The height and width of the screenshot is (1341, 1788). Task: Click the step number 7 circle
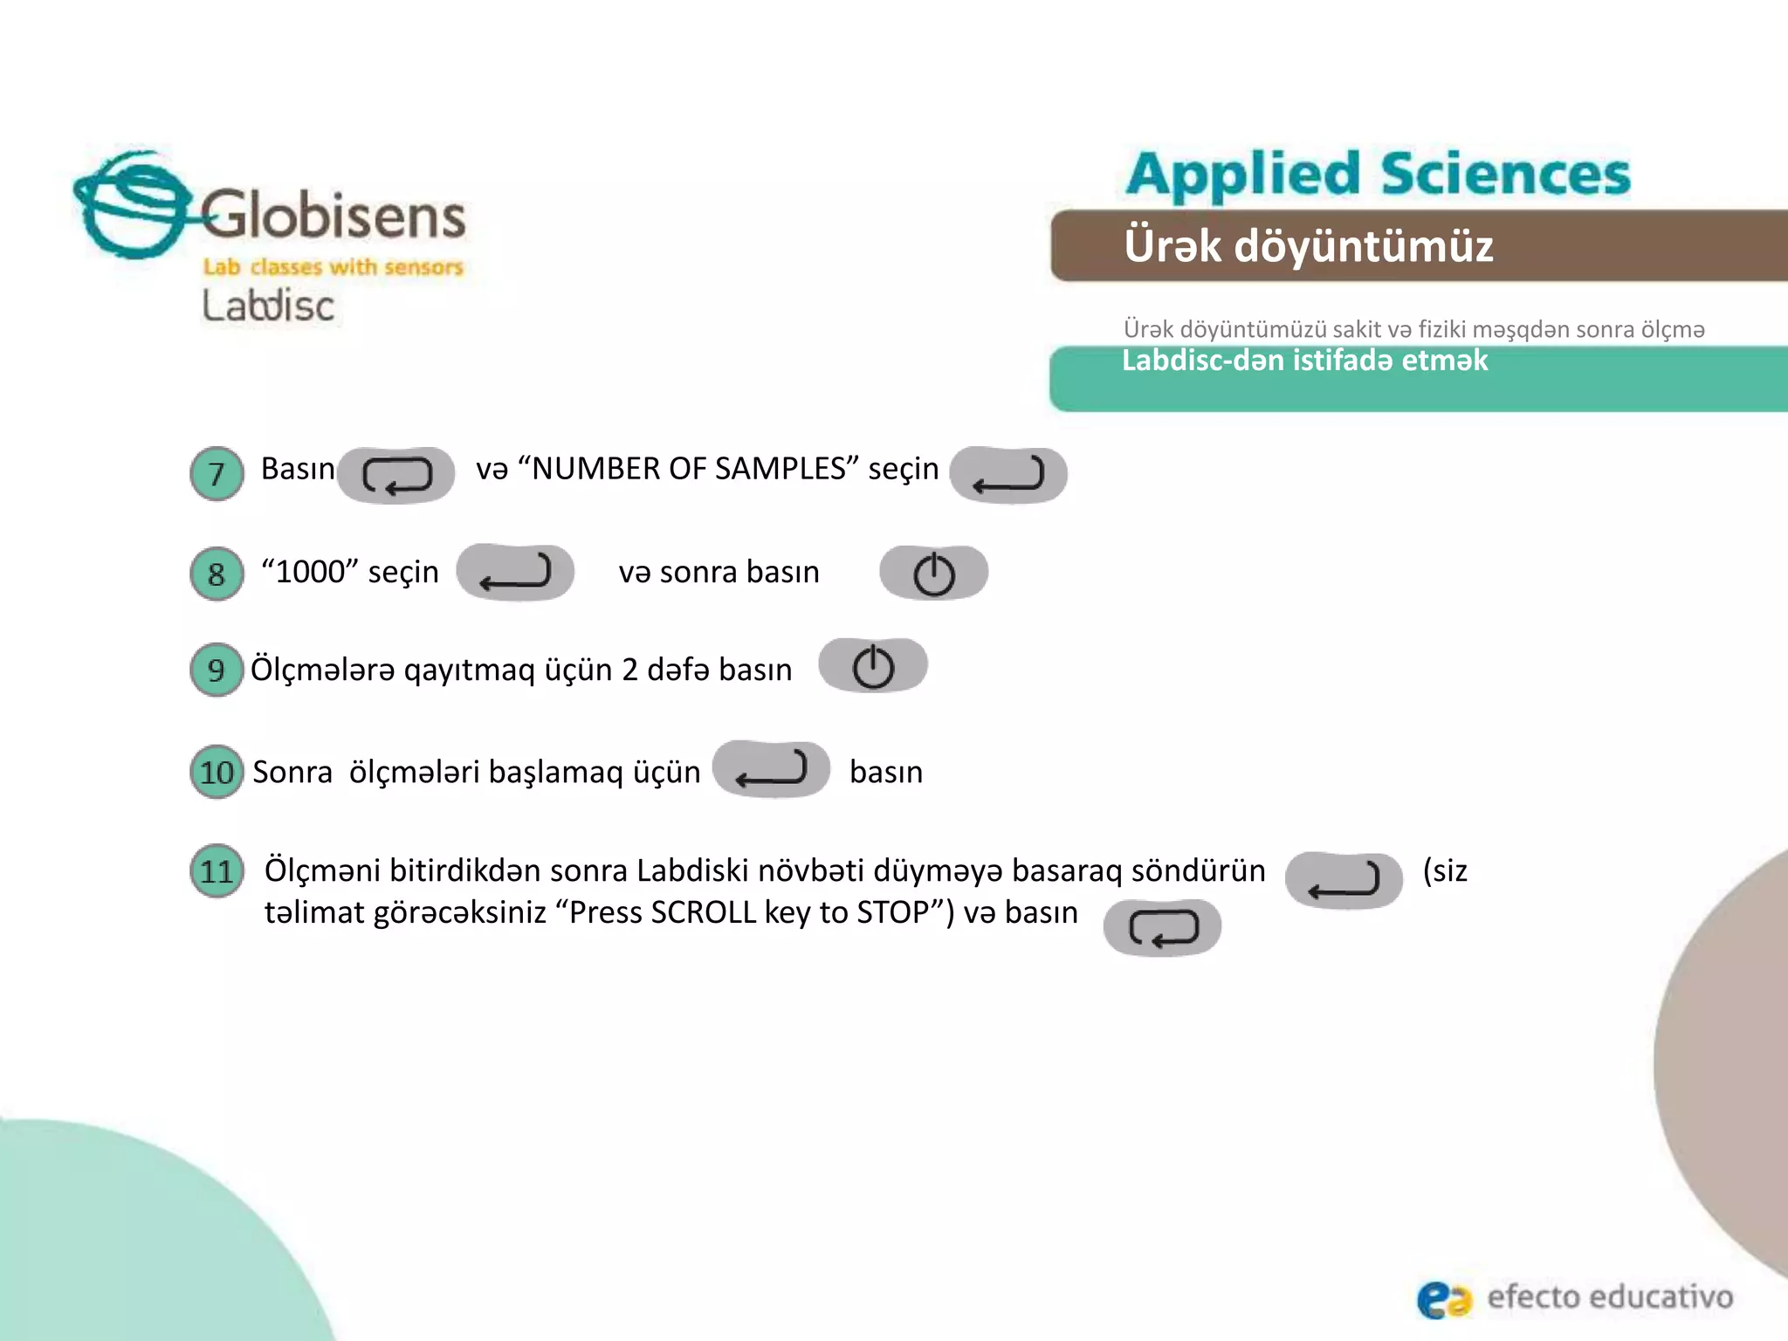217,474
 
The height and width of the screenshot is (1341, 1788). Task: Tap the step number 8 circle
217,574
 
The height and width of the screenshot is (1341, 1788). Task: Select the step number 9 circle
217,670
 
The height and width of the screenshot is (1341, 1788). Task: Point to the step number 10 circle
217,772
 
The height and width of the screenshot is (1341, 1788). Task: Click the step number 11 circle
217,871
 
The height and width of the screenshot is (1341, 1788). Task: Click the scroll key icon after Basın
396,475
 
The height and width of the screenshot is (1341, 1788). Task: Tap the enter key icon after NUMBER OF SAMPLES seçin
1008,475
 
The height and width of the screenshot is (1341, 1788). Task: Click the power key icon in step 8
933,574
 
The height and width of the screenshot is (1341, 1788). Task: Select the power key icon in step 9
873,666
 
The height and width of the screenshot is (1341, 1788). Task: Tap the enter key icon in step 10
771,769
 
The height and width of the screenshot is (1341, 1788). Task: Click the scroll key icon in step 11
1162,927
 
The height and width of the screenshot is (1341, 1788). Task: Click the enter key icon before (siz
1344,880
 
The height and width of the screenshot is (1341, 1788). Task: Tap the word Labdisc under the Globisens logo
268,306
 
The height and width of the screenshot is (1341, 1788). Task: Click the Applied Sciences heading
1378,174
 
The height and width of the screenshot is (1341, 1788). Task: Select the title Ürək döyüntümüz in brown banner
1308,245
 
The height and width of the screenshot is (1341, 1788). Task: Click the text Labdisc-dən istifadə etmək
1304,361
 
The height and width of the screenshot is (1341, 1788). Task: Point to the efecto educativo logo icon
1443,1299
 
